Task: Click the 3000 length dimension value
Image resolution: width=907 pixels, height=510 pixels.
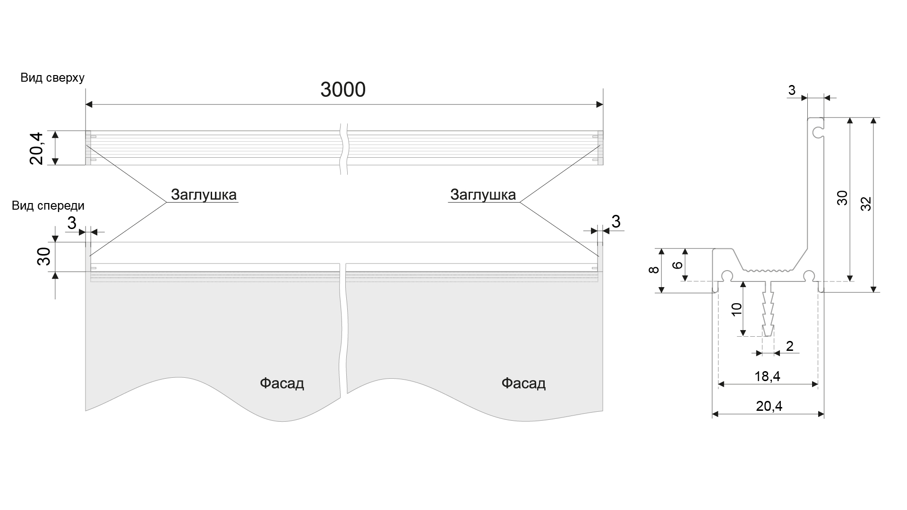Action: click(x=343, y=90)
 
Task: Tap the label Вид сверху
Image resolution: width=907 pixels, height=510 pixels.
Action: click(x=52, y=78)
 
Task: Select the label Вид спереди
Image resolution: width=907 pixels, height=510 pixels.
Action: click(x=48, y=205)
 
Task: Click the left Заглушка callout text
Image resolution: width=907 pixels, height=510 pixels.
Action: click(x=204, y=195)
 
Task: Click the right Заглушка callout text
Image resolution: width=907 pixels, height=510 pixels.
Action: click(x=483, y=195)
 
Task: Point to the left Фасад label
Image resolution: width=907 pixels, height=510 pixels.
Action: click(x=282, y=383)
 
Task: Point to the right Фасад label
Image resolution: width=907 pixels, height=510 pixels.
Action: click(x=523, y=383)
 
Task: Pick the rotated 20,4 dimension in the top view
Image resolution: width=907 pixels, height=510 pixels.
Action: click(x=37, y=148)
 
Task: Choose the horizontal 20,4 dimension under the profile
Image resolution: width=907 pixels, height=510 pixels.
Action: click(x=769, y=406)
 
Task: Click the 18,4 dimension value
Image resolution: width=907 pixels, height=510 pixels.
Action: click(x=767, y=376)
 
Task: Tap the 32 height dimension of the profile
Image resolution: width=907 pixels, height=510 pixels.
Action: click(x=866, y=204)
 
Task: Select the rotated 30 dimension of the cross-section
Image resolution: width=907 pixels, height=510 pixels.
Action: click(x=842, y=198)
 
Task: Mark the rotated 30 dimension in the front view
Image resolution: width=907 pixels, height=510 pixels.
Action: click(x=44, y=256)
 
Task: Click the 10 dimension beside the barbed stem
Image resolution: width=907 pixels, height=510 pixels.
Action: click(x=736, y=309)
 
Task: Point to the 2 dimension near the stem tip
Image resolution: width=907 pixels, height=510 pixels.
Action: click(x=790, y=346)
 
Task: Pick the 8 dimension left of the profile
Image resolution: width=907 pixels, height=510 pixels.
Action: click(x=653, y=270)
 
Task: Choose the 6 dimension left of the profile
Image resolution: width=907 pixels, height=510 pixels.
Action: click(x=677, y=265)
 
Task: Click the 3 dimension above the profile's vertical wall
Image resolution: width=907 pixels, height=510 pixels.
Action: click(x=792, y=90)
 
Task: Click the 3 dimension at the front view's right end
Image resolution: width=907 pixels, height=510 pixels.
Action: click(x=616, y=221)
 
